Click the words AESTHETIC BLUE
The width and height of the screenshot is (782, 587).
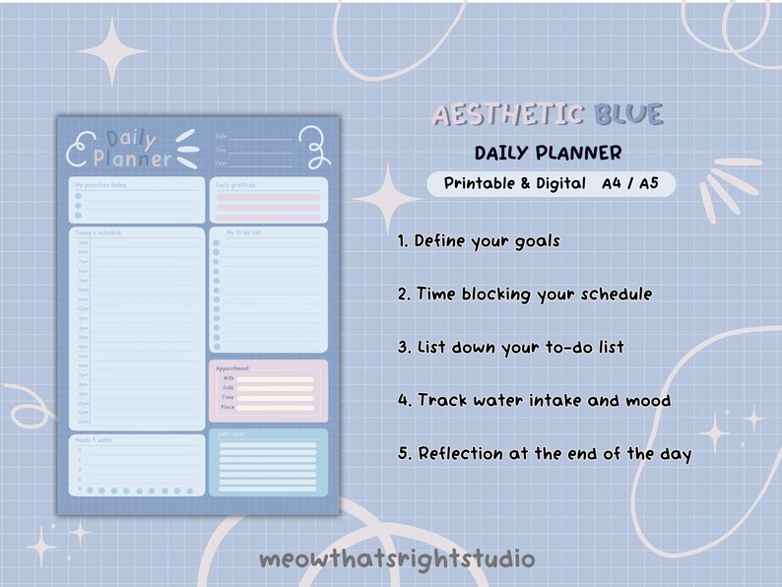click(547, 115)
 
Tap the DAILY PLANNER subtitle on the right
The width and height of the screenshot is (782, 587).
click(548, 154)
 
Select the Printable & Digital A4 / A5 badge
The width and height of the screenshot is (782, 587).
click(551, 184)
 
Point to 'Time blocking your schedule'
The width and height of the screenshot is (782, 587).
click(533, 294)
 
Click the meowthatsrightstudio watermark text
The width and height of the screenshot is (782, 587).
click(397, 559)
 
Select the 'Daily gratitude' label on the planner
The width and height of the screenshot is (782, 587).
click(235, 184)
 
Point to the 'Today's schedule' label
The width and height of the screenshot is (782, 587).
click(98, 232)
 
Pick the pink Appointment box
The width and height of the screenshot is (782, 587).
click(268, 391)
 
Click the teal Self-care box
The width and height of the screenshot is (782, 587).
click(268, 462)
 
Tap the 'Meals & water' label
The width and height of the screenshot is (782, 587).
click(95, 440)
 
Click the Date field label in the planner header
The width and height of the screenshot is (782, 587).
click(221, 136)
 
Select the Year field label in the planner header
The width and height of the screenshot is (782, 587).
click(221, 163)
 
